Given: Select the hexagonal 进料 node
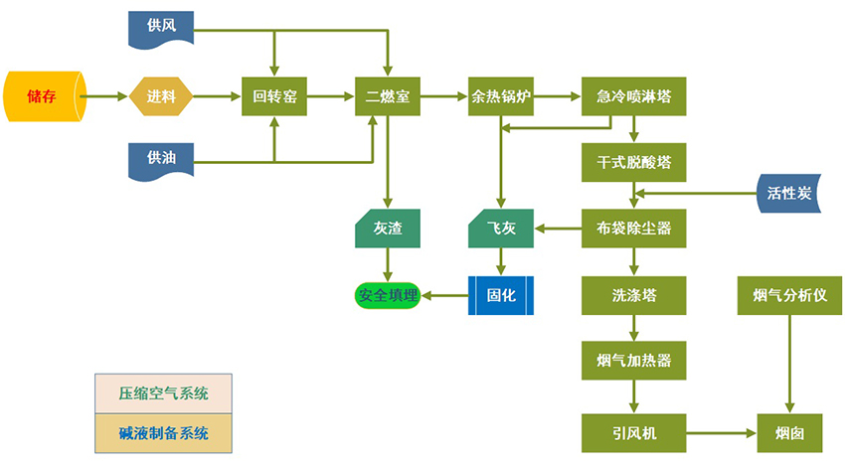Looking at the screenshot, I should pos(160,96).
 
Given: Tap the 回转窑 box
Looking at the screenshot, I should pos(273,96).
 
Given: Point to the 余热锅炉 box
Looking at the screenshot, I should pos(501,96).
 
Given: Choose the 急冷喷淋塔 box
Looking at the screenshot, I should pos(633,96).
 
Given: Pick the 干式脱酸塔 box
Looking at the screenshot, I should pos(633,161).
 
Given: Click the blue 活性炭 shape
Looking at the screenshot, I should pos(791,192).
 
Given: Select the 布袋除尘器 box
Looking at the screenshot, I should pos(633,229).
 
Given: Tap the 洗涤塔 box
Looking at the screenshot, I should pos(633,295).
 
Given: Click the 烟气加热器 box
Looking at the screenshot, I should pos(633,360).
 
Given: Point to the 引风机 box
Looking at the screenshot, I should pos(633,433).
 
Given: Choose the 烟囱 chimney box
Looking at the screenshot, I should pos(790,433).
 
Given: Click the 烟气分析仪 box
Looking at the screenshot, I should pos(790,295).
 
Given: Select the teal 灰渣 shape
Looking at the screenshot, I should pos(388,229).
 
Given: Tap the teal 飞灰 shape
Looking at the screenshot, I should pos(501,229).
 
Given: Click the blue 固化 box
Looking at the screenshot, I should pos(501,295).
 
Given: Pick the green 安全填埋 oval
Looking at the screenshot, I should pos(388,295).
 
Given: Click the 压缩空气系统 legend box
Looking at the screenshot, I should pos(163,393).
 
